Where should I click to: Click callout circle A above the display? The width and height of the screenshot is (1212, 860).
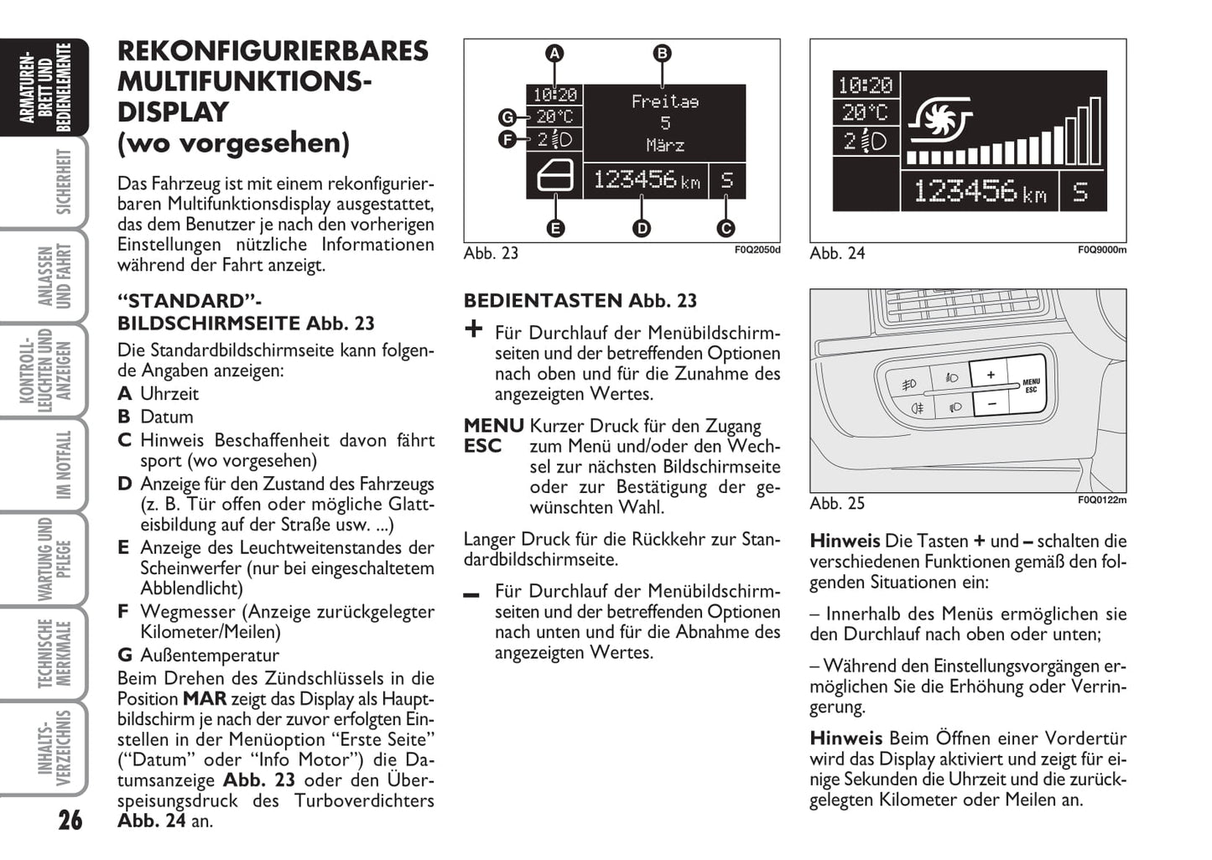554,54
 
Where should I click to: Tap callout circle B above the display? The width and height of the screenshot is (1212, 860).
662,54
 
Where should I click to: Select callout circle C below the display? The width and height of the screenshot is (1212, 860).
726,227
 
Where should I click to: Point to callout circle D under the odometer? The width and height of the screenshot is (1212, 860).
641,227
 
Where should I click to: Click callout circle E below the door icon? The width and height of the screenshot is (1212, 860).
554,227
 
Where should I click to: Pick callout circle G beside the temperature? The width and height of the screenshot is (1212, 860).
507,117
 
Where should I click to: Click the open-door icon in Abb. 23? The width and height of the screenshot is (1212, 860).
554,179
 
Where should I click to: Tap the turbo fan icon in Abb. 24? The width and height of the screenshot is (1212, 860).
940,120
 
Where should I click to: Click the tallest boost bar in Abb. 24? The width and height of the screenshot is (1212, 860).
1095,131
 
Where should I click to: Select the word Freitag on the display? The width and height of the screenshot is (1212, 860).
664,101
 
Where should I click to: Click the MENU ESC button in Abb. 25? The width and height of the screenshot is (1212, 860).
1030,386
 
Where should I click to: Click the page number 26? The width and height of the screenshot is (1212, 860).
70,818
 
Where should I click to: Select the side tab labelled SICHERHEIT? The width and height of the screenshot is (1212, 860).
63,182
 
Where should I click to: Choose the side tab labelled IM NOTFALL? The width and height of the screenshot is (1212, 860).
63,465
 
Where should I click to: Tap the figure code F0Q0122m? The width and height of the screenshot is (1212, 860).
1101,500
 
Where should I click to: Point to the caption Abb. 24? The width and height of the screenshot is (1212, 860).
836,253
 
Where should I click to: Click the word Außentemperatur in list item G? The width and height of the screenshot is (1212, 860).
210,655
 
